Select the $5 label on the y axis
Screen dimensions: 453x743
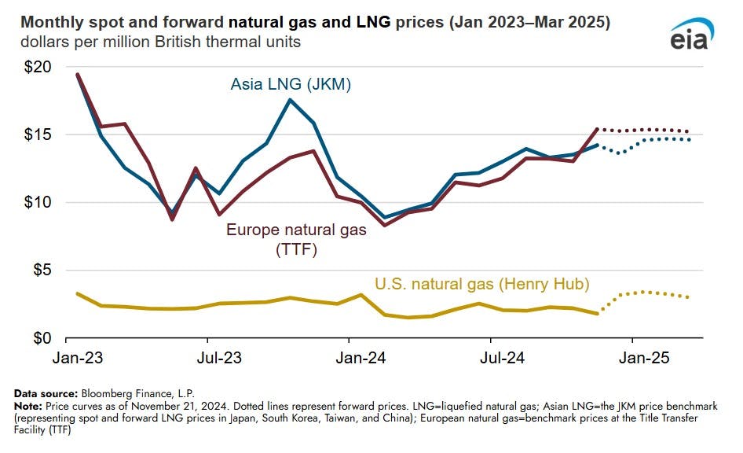coord(41,271)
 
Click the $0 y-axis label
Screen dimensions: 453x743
coord(41,338)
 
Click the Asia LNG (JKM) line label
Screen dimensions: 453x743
coord(290,84)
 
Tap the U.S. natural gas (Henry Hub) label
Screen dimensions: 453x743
coord(481,284)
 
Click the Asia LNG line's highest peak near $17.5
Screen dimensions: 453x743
coord(290,100)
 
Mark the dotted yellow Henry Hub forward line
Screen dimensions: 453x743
coord(644,293)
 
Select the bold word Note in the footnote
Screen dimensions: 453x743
coord(28,404)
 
